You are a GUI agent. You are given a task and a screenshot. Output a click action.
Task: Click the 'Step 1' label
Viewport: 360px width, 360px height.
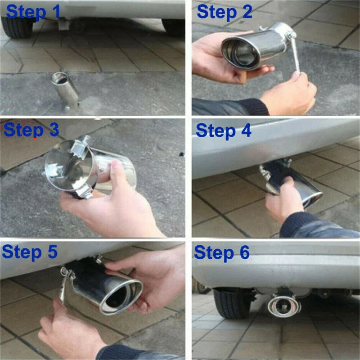point(33,12)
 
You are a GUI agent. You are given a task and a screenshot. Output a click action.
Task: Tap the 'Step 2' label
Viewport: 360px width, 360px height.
point(224,12)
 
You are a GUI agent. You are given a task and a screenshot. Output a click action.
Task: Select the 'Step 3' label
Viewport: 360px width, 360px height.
point(31,130)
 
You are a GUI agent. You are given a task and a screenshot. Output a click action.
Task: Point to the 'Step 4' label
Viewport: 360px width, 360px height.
point(223,131)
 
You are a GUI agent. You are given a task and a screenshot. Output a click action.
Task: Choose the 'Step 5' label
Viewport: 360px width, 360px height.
point(30,252)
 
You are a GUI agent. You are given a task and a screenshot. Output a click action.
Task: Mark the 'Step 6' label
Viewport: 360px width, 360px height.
point(222,253)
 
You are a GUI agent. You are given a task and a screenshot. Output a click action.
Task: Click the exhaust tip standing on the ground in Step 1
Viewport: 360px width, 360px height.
point(64,90)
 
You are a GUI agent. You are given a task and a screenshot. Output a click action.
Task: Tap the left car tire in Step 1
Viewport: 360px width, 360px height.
point(17,27)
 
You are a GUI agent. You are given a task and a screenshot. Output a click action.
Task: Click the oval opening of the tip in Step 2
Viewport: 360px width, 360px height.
point(241,54)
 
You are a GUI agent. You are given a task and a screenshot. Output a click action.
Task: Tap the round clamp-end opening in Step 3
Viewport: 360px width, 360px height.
point(69,166)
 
